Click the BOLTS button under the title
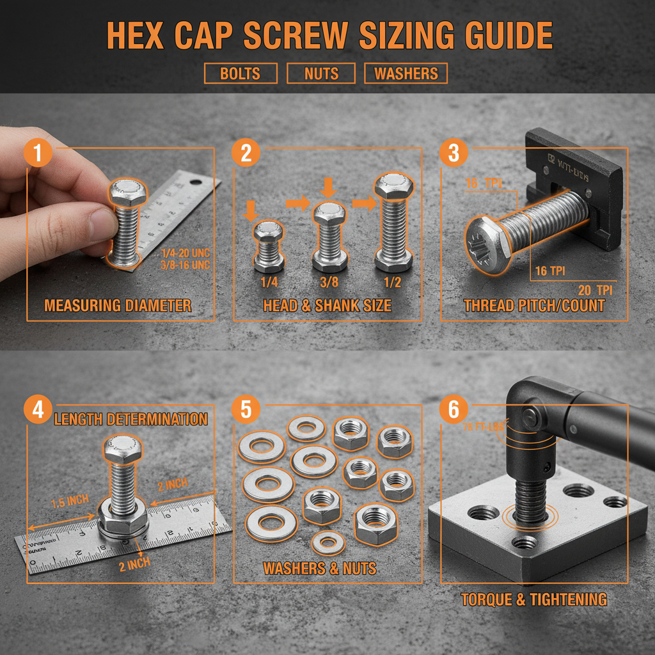[x=241, y=74]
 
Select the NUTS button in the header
[x=321, y=74]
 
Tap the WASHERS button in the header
[x=406, y=74]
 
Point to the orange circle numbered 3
[x=454, y=154]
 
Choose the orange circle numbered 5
[x=246, y=409]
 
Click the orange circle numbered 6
[x=454, y=409]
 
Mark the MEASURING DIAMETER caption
[x=118, y=306]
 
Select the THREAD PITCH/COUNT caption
[x=534, y=306]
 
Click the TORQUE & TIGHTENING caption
[x=534, y=599]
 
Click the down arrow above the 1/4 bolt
[x=250, y=209]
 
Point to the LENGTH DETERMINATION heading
[x=130, y=420]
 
